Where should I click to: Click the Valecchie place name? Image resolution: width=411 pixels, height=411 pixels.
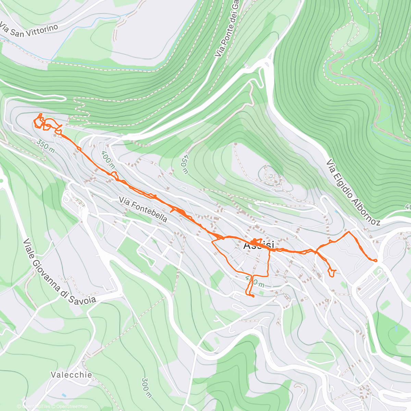pos(72,375)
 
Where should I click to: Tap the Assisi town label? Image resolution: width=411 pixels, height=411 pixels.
pos(259,246)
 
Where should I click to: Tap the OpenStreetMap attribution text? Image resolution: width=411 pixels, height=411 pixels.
pos(72,407)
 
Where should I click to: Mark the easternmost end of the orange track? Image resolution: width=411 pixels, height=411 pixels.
pos(376,261)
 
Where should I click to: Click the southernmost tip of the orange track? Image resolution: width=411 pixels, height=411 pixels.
pos(253,297)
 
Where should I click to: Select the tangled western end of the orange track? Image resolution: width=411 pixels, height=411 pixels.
pos(43,123)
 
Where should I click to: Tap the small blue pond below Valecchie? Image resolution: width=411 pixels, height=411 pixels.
pos(64,395)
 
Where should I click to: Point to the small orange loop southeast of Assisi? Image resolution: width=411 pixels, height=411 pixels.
pos(331,273)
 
